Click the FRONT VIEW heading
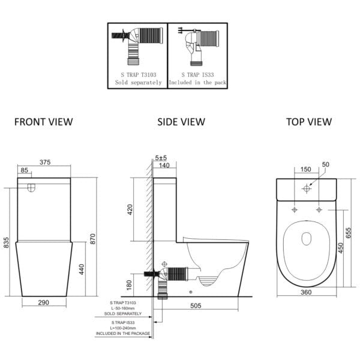click(44, 122)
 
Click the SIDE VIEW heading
click(181, 122)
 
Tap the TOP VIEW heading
click(309, 122)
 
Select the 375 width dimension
click(45, 162)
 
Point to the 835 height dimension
click(6, 242)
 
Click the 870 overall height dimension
click(92, 239)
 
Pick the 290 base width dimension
click(44, 302)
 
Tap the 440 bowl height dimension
click(82, 269)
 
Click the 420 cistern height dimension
click(130, 209)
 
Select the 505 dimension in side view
click(196, 305)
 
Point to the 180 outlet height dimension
click(129, 285)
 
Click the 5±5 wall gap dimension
click(161, 158)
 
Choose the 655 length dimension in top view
click(348, 233)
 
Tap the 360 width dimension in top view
click(306, 292)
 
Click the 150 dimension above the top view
click(306, 169)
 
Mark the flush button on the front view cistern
click(31, 188)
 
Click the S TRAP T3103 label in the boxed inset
click(139, 75)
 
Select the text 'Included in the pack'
click(197, 82)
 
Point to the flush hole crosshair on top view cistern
click(307, 189)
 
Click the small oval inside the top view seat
click(306, 239)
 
